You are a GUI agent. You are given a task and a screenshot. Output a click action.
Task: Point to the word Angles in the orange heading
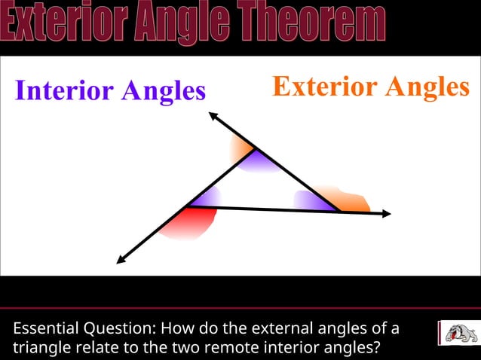427,87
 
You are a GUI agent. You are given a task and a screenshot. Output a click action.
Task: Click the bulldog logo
457,332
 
